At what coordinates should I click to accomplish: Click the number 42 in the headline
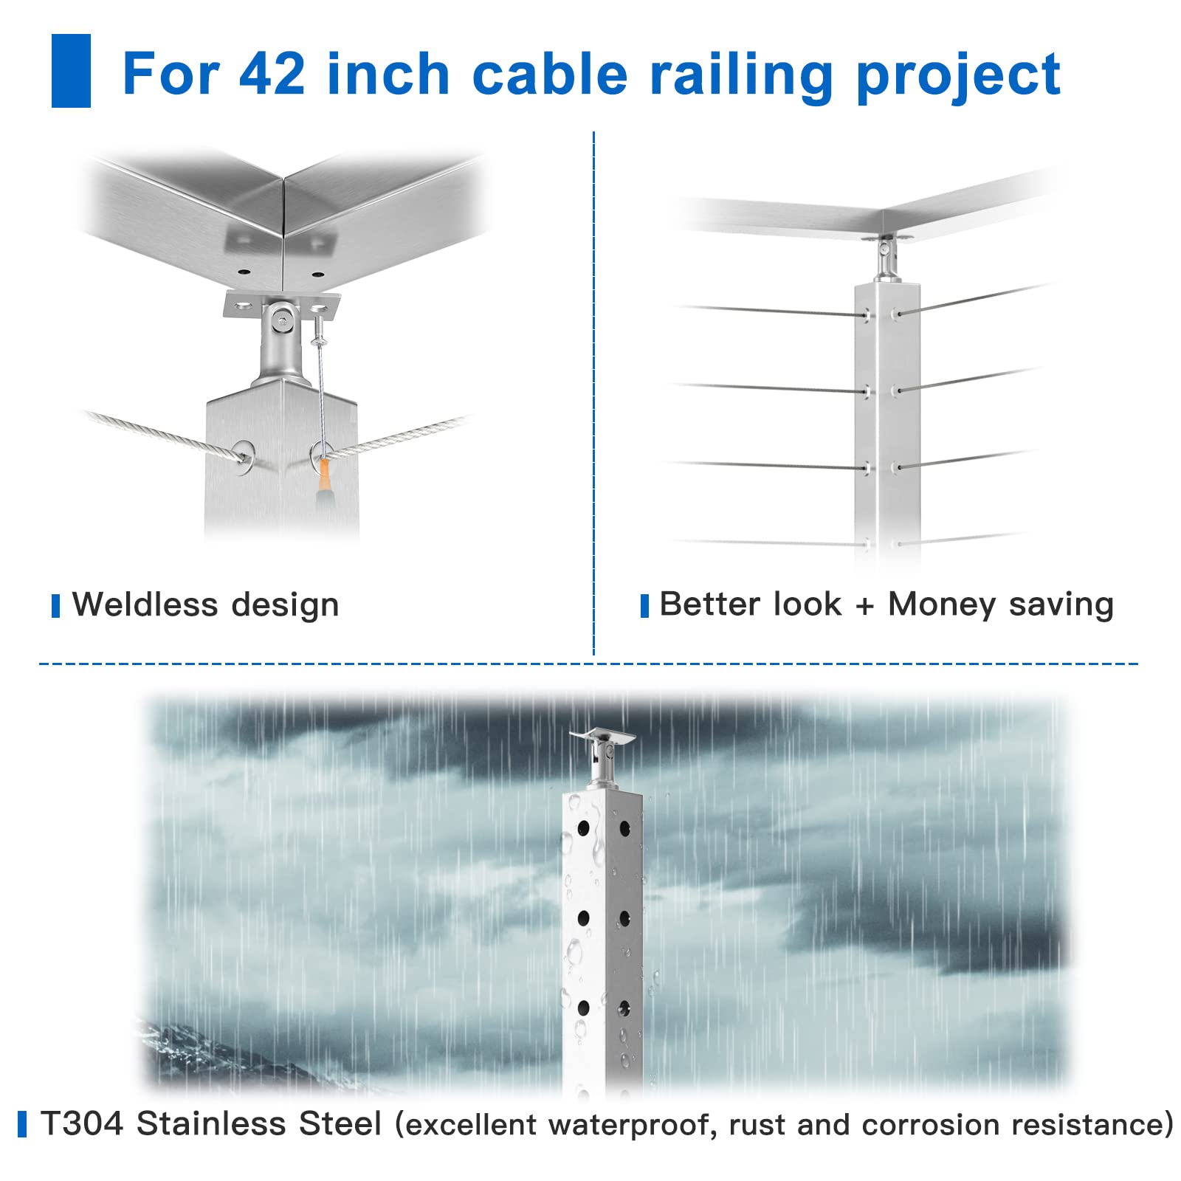tap(272, 74)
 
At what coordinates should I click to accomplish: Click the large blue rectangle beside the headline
tap(71, 71)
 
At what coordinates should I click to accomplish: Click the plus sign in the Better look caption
tap(864, 605)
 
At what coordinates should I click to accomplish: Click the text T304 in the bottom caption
tap(82, 1124)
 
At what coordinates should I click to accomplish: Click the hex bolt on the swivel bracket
tap(280, 320)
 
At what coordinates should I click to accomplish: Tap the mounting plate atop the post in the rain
tap(602, 737)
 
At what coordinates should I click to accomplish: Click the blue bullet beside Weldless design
tap(56, 605)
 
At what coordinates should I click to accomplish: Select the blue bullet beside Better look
tap(644, 605)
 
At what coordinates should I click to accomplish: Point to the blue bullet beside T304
tap(22, 1124)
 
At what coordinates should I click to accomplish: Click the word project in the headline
tap(958, 75)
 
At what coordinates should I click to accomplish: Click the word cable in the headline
tap(549, 74)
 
